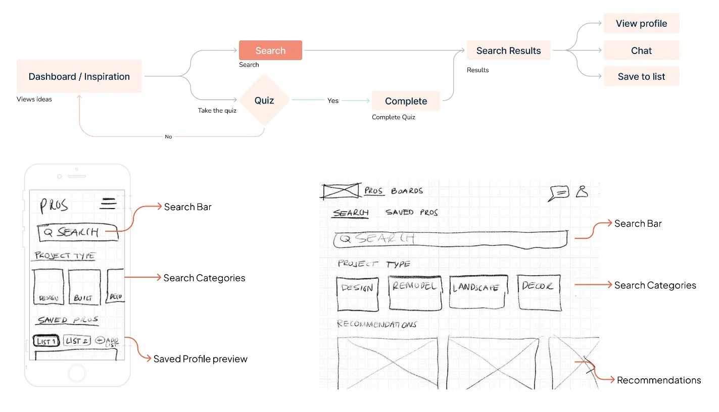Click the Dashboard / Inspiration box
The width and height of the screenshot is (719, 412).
point(79,76)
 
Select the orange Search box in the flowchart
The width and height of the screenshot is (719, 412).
point(270,50)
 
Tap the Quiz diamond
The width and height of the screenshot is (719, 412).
point(264,100)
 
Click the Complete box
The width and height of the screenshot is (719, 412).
point(406,101)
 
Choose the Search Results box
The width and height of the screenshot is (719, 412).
point(508,50)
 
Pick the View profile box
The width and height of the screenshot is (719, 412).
point(641,24)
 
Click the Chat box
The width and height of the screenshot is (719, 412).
point(641,50)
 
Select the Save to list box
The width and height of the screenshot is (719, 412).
point(641,77)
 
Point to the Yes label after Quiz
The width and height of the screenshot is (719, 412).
point(333,100)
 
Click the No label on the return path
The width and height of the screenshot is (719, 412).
point(168,137)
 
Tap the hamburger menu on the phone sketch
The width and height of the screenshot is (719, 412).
point(108,203)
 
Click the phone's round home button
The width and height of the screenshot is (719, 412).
point(77,374)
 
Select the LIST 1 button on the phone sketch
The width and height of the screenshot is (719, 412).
point(46,341)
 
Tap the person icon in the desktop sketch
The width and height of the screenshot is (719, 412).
point(582,191)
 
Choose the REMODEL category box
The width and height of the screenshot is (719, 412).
point(415,292)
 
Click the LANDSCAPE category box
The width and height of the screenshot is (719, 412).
point(477,292)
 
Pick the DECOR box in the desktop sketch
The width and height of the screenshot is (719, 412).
point(539,292)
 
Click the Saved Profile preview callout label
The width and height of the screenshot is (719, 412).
point(200,359)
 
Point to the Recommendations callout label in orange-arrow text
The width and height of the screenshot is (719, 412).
point(659,380)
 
